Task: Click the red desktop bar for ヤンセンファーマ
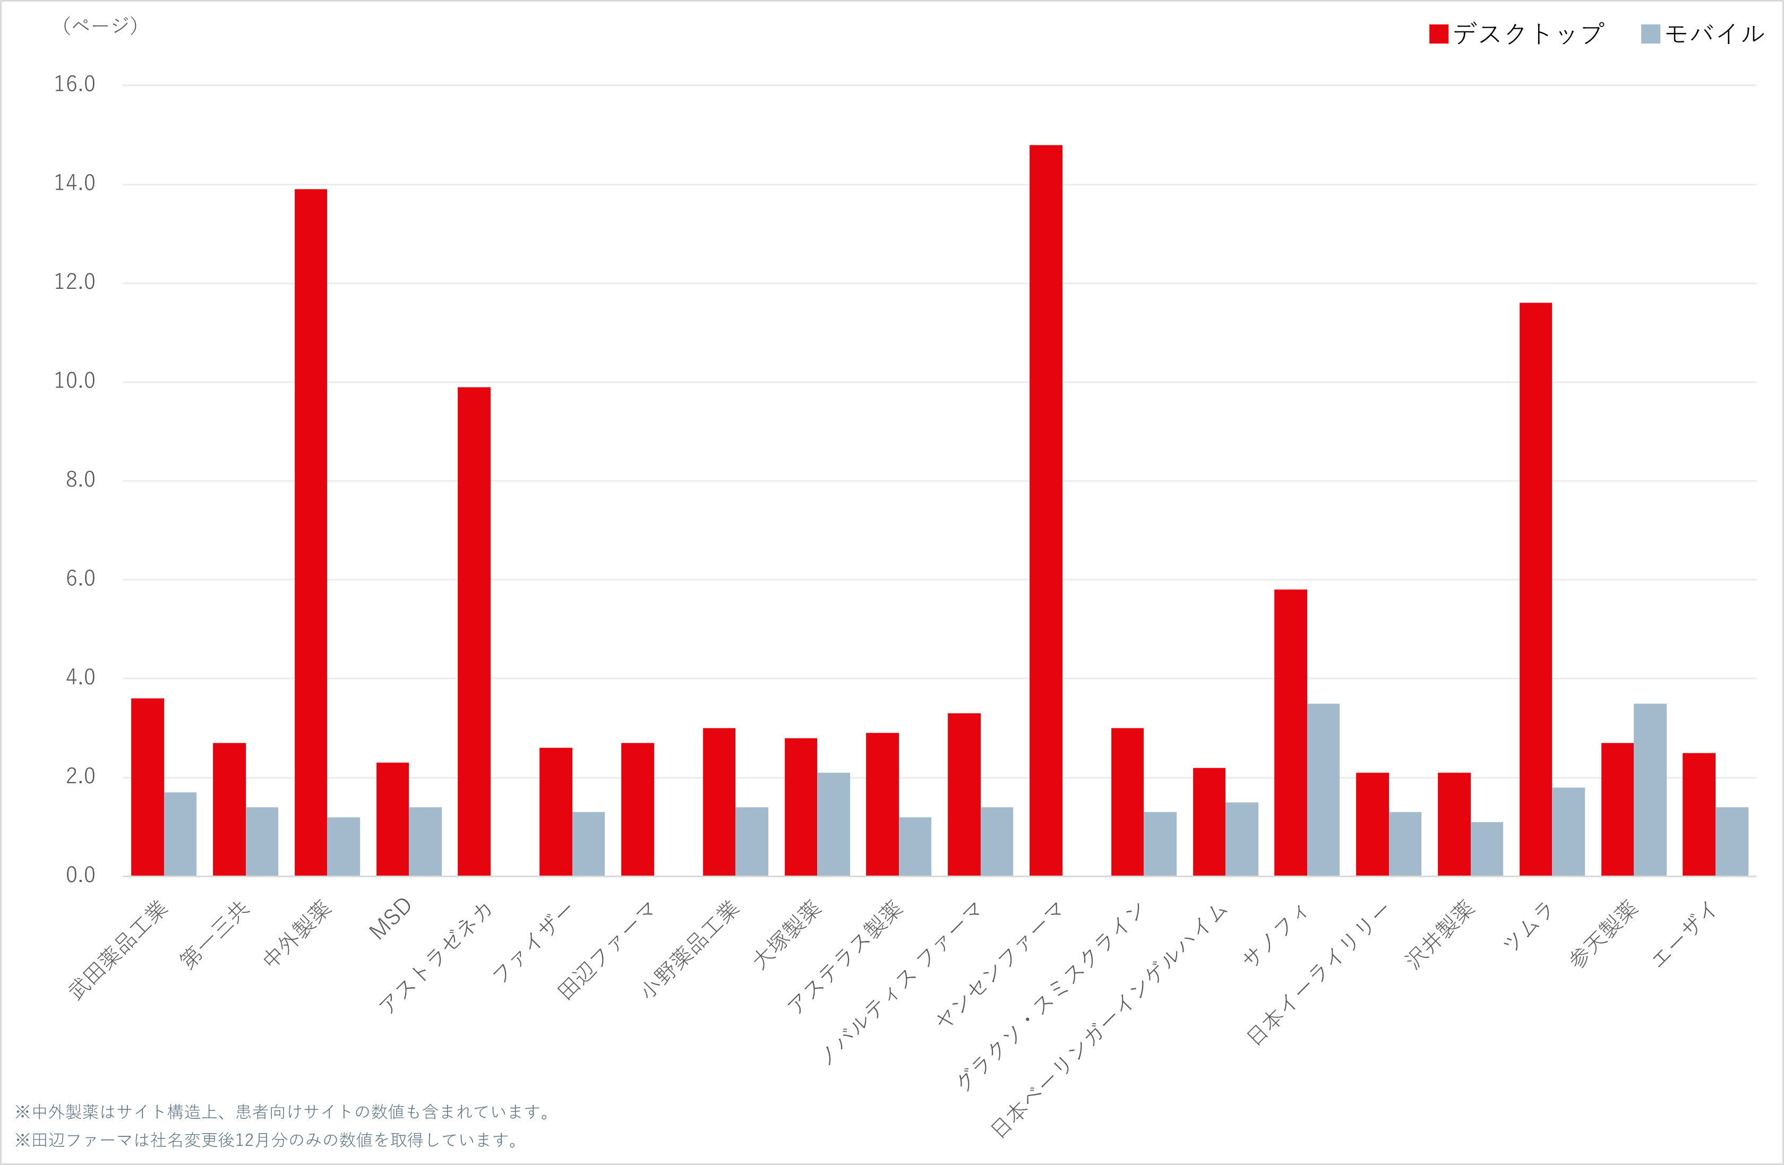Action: click(1045, 510)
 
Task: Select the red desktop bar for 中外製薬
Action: click(311, 532)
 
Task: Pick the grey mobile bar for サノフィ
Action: click(1324, 790)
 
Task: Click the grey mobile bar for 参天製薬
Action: click(1651, 790)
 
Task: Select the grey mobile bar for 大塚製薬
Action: click(834, 824)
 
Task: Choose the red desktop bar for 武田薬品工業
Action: click(148, 787)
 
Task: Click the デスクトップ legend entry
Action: click(1518, 34)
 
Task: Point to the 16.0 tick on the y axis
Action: click(75, 84)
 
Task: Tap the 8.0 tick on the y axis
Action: click(81, 480)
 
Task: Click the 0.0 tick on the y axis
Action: click(81, 875)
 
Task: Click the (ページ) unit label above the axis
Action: click(100, 25)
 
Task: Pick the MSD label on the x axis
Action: click(391, 919)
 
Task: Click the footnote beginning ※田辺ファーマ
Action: click(266, 1140)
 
